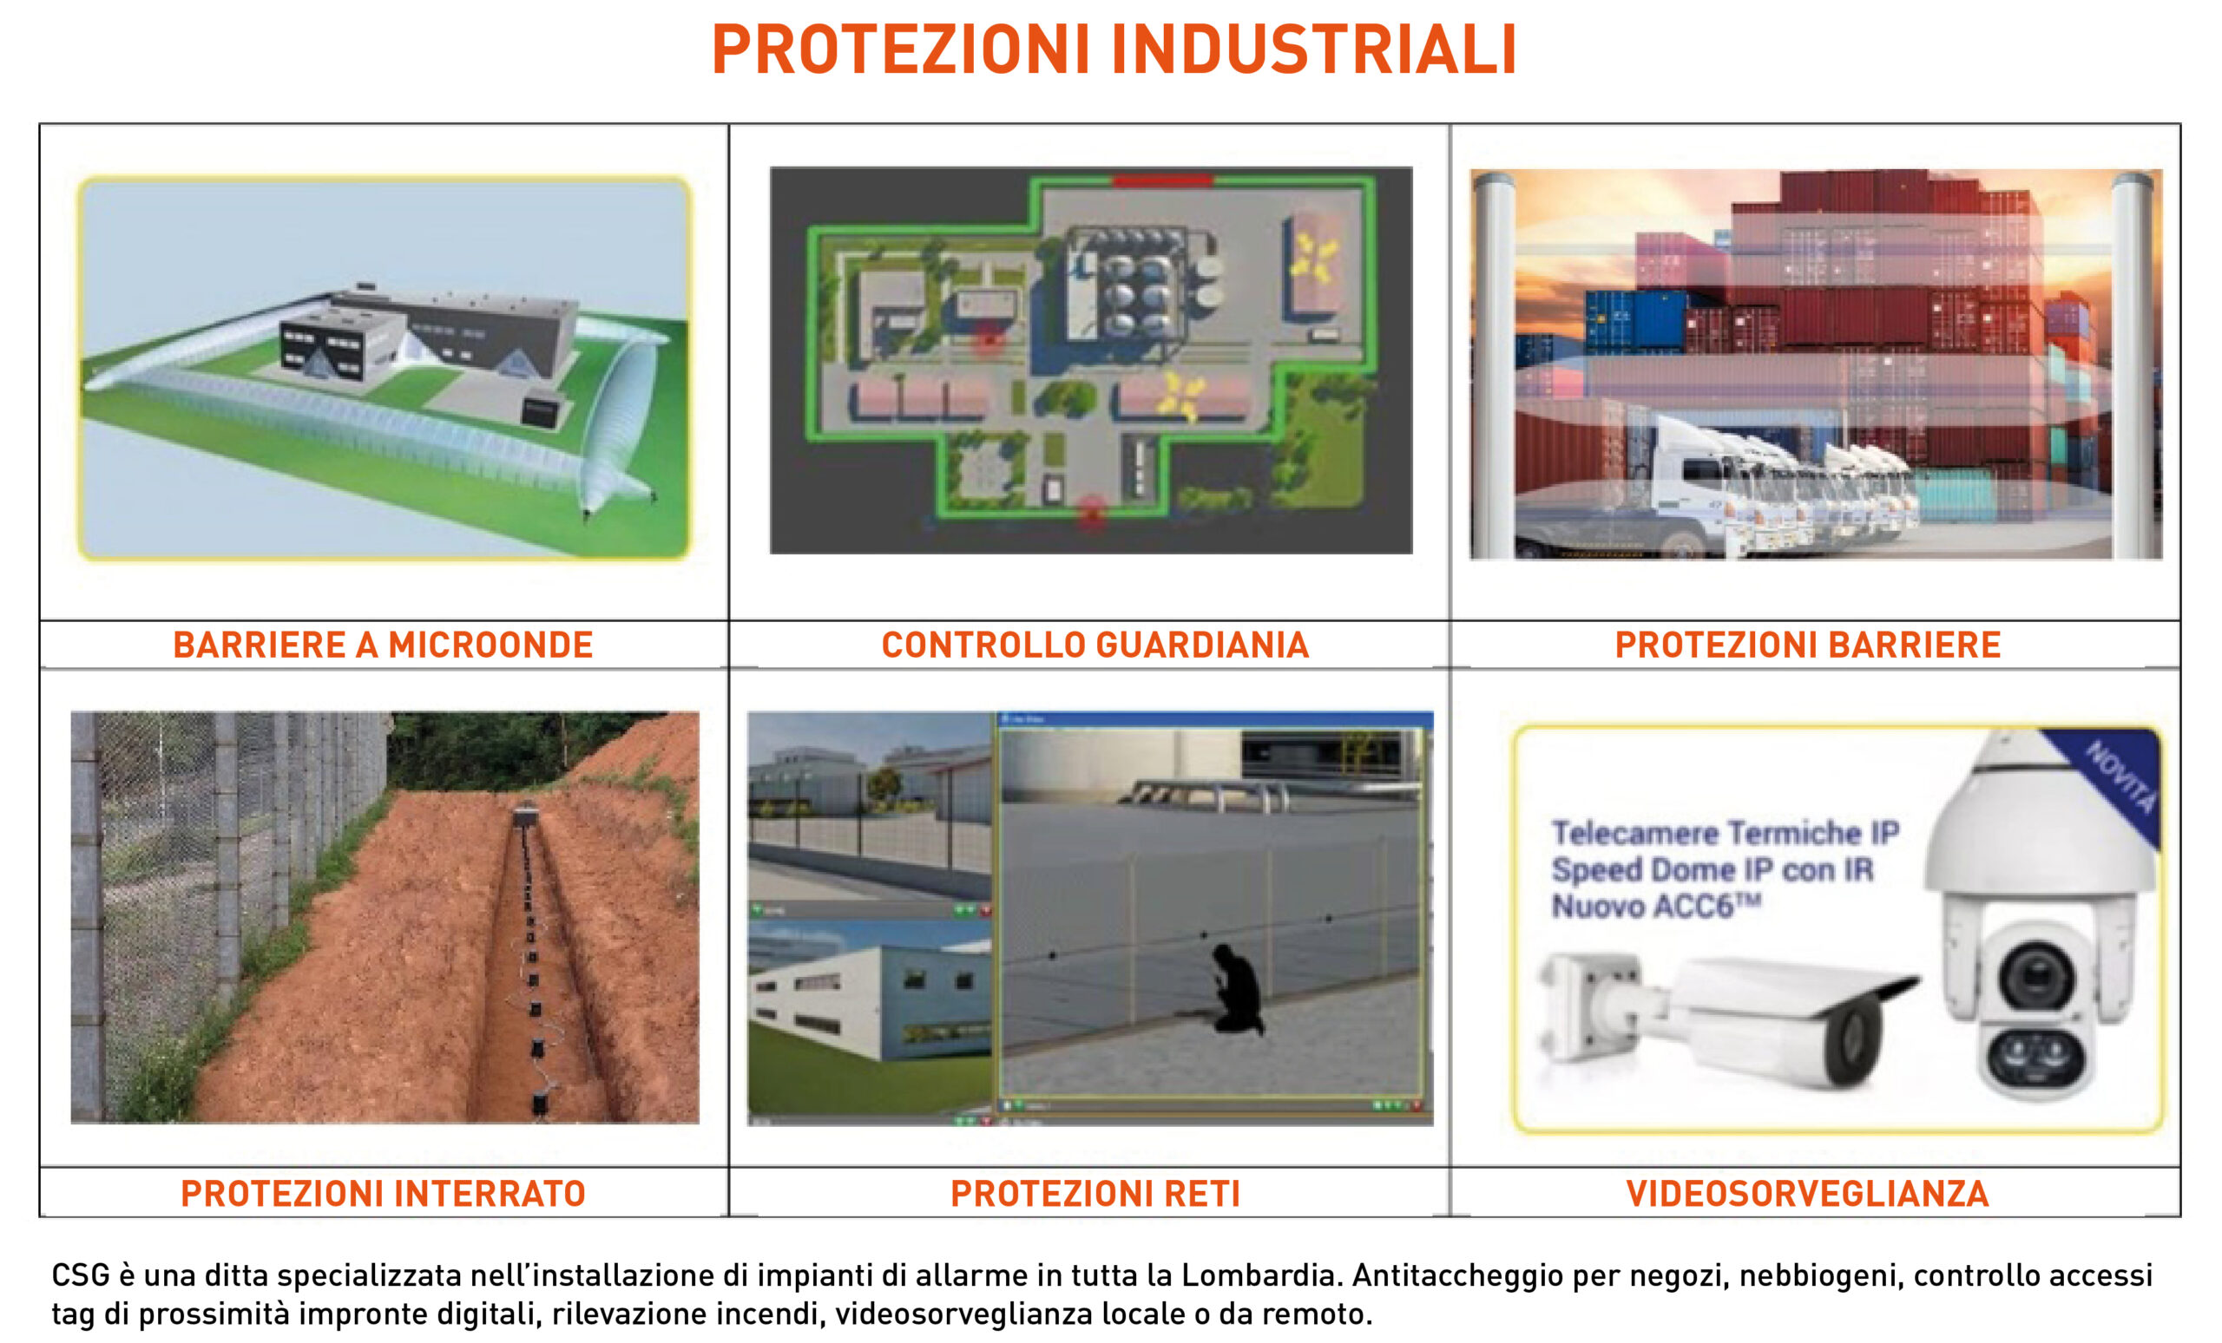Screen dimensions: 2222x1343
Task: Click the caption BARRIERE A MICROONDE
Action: click(384, 645)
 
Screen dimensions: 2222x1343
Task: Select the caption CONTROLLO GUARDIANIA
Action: click(1095, 645)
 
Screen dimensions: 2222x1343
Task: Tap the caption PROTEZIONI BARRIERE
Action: click(1808, 645)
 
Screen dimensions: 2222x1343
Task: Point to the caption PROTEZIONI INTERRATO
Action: click(384, 1194)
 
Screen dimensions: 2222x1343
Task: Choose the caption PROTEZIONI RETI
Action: click(1095, 1194)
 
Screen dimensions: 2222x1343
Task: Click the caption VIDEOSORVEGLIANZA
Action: click(1807, 1194)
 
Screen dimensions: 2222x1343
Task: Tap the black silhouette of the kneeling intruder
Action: click(1237, 988)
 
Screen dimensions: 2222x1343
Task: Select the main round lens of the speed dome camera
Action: click(2035, 979)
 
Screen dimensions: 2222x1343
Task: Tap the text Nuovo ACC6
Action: click(1656, 905)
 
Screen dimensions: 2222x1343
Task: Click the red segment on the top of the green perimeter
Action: click(1161, 181)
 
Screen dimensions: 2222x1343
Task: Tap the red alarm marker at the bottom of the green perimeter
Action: click(1092, 512)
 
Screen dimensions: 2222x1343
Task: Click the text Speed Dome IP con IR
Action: click(1713, 870)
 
